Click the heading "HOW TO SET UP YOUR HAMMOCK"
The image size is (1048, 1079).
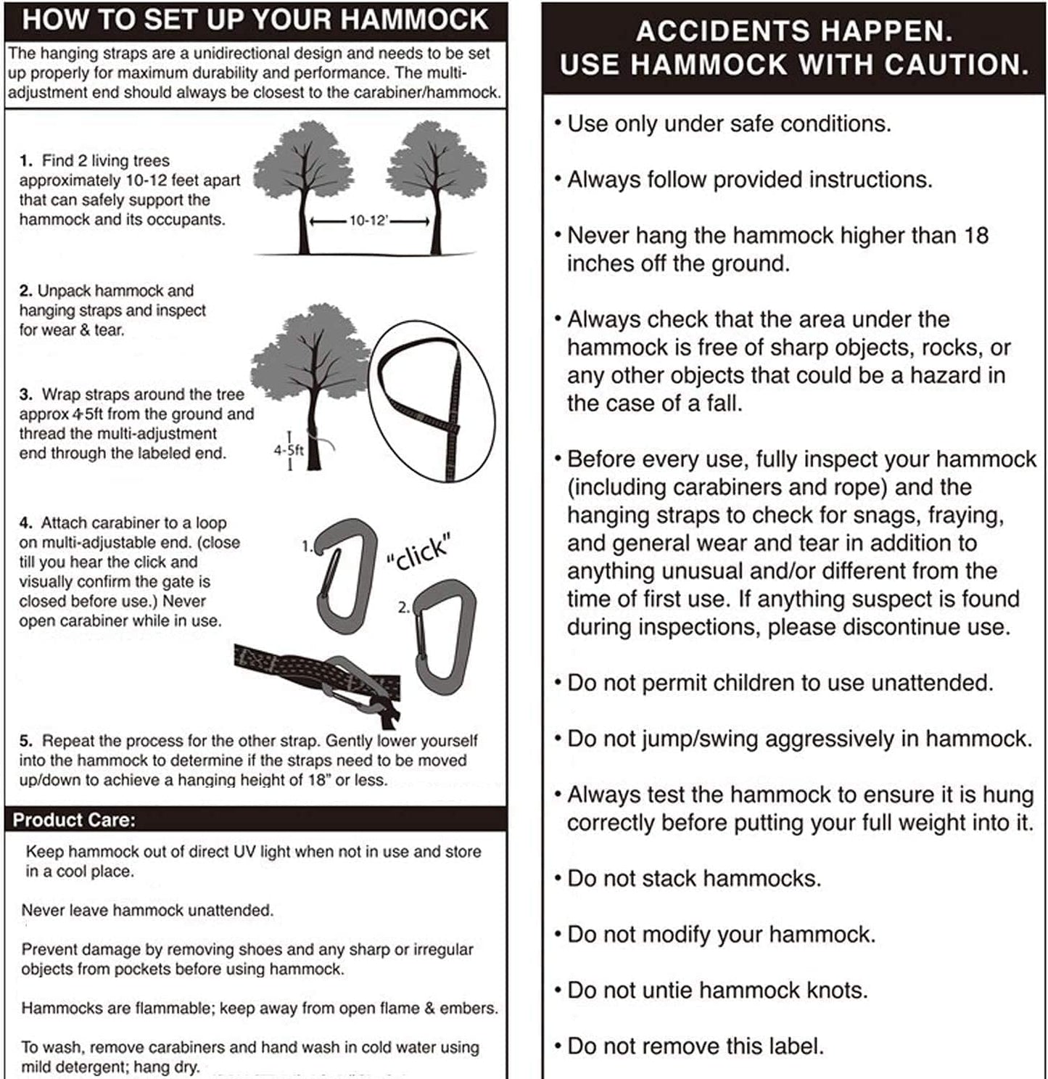[x=255, y=20]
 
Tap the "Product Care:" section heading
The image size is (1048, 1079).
[x=74, y=820]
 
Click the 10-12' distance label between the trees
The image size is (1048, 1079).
[x=369, y=221]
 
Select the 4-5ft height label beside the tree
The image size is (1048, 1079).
[x=288, y=451]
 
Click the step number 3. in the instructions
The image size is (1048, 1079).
[x=26, y=395]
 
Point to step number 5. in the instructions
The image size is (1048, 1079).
[x=26, y=741]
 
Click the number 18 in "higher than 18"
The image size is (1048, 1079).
[x=975, y=236]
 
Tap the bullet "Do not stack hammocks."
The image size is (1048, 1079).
[x=693, y=879]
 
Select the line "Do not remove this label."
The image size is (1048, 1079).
[x=695, y=1046]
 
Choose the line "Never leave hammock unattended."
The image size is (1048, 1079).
[x=147, y=911]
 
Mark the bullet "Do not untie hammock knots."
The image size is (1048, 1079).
[x=717, y=990]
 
